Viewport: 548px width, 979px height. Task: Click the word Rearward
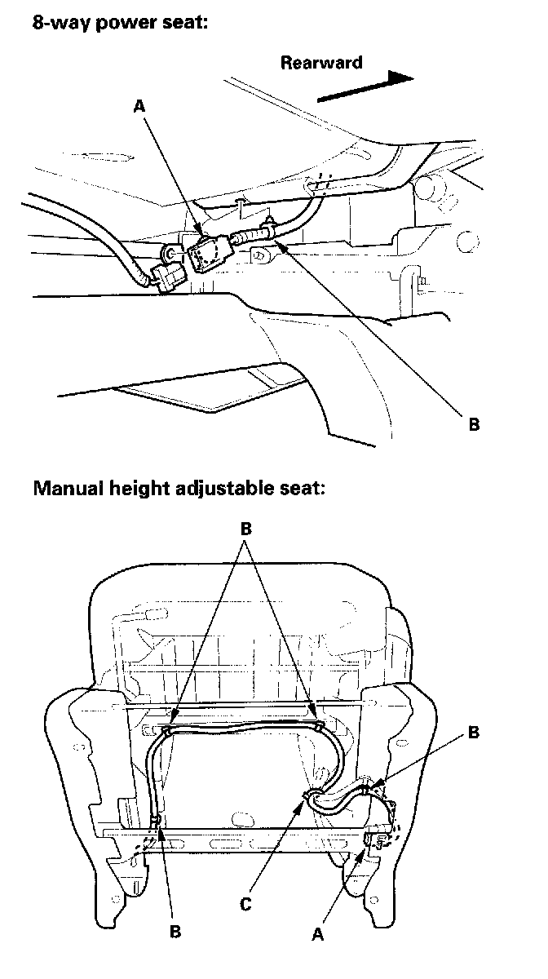click(x=321, y=63)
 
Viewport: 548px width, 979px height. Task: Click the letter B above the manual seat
click(x=246, y=529)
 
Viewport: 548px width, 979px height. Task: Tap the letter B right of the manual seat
click(x=474, y=732)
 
